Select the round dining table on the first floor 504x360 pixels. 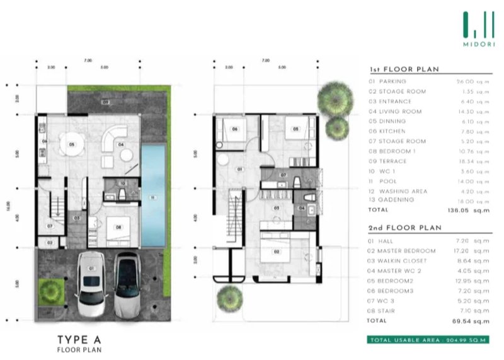pyautogui.click(x=72, y=145)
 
